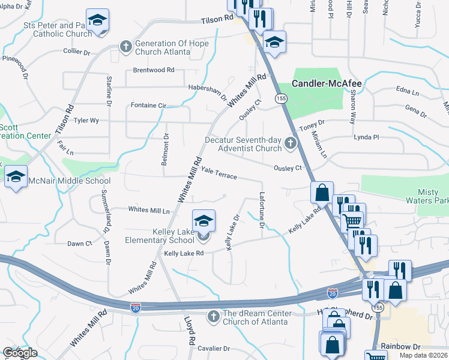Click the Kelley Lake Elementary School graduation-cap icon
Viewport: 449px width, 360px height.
pyautogui.click(x=203, y=220)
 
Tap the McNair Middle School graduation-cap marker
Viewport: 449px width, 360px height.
pyautogui.click(x=16, y=176)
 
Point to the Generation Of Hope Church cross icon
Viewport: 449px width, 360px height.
pyautogui.click(x=125, y=45)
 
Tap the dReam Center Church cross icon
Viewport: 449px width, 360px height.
pyautogui.click(x=213, y=316)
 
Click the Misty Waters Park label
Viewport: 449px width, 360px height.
pyautogui.click(x=433, y=196)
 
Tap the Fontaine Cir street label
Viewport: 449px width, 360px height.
pyautogui.click(x=148, y=105)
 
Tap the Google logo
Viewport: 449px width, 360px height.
pyautogui.click(x=20, y=353)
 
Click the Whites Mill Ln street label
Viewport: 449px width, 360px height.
pyautogui.click(x=149, y=210)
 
